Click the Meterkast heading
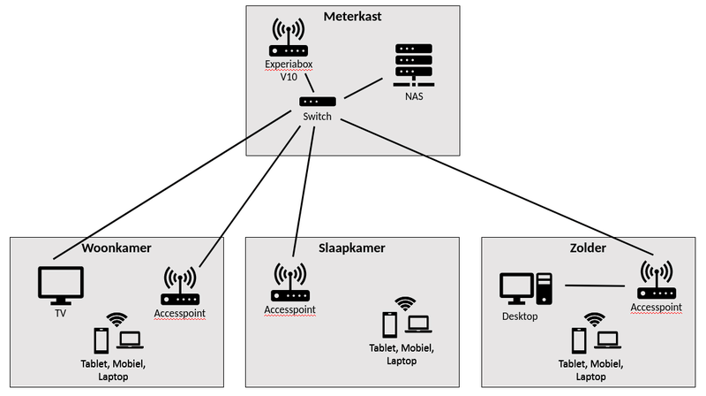353,17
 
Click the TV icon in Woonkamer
60,285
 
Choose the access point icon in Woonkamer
179,285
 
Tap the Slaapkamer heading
353,248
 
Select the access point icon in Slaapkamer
290,282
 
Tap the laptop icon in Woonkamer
131,339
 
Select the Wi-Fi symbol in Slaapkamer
404,304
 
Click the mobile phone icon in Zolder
580,340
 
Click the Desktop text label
520,315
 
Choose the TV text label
60,312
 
